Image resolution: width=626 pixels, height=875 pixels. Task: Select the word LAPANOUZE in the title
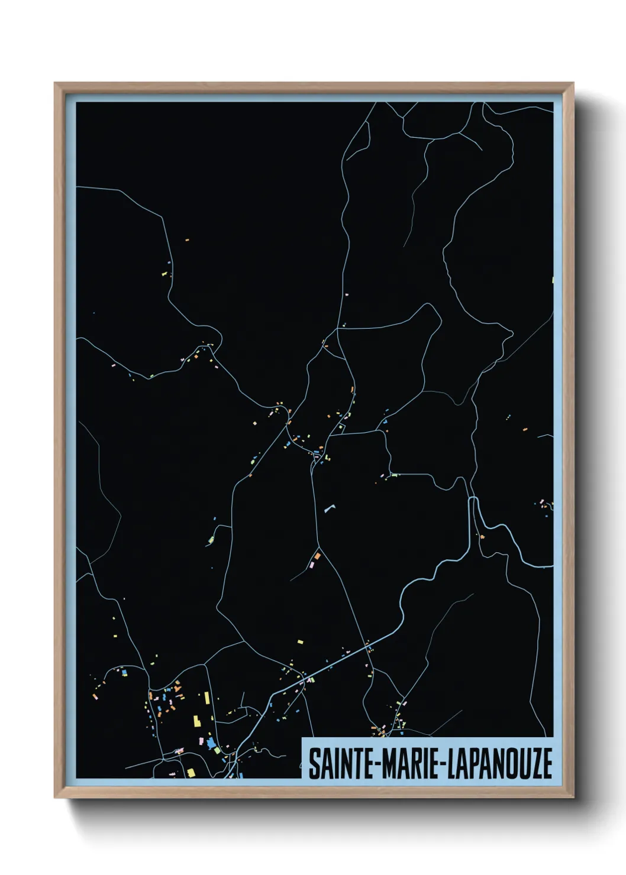pyautogui.click(x=499, y=764)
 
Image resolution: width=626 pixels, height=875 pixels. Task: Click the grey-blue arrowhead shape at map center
pyautogui.click(x=329, y=507)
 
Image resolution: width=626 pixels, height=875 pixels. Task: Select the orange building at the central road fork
pyautogui.click(x=317, y=556)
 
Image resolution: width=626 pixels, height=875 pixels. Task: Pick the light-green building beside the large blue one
pyautogui.click(x=217, y=750)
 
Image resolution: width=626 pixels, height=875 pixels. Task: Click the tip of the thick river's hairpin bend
pyautogui.click(x=473, y=500)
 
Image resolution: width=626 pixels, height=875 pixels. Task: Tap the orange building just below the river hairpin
pyautogui.click(x=482, y=536)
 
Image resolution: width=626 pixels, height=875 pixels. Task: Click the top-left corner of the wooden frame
pyautogui.click(x=55, y=83)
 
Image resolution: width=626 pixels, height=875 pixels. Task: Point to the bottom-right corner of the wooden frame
pyautogui.click(x=573, y=798)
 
